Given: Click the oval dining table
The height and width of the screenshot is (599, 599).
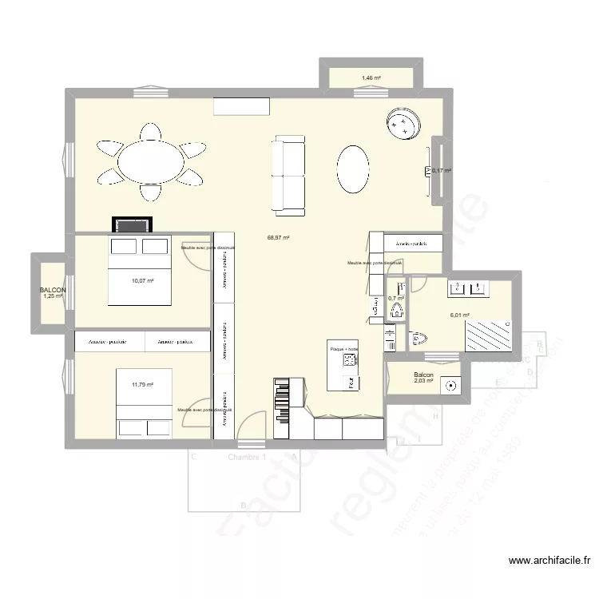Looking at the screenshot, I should pos(151,162).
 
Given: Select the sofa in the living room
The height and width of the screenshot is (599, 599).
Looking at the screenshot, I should pos(289,176).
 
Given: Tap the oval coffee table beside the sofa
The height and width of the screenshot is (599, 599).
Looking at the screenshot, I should pos(353,169).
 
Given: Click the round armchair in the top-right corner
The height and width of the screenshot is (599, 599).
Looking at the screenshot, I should pos(403,124).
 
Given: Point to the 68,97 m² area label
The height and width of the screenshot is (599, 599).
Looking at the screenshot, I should pos(278,237).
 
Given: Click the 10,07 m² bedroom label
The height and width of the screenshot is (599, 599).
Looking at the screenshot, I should pos(142,280).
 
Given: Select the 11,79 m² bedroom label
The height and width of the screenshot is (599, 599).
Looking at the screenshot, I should pos(142,385).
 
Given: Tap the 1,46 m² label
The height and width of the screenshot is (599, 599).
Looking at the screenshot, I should pos(371,78).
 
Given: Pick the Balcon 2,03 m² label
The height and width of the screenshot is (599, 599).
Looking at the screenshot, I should pos(423,378).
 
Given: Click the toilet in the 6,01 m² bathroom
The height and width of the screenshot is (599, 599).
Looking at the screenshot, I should pos(418,340).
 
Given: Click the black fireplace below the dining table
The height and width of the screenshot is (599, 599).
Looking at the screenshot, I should pos(129,225).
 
